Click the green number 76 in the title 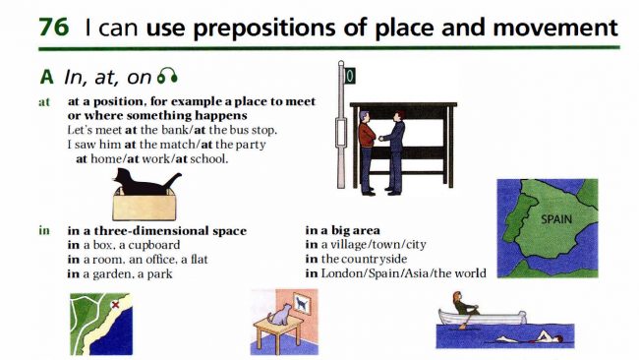pyautogui.click(x=53, y=28)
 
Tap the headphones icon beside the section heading pyautogui.click(x=167, y=76)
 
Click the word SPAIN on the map pyautogui.click(x=556, y=219)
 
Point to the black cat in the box pyautogui.click(x=145, y=182)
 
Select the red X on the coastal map pyautogui.click(x=115, y=304)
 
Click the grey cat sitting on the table pyautogui.click(x=280, y=315)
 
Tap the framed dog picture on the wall pyautogui.click(x=301, y=304)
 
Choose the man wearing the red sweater pyautogui.click(x=367, y=152)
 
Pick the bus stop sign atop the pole pyautogui.click(x=350, y=77)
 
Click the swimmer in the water pyautogui.click(x=530, y=338)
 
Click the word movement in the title pyautogui.click(x=555, y=28)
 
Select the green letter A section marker pyautogui.click(x=46, y=77)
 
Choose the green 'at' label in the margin pyautogui.click(x=44, y=102)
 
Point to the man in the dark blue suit pyautogui.click(x=393, y=152)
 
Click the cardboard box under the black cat pyautogui.click(x=145, y=205)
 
